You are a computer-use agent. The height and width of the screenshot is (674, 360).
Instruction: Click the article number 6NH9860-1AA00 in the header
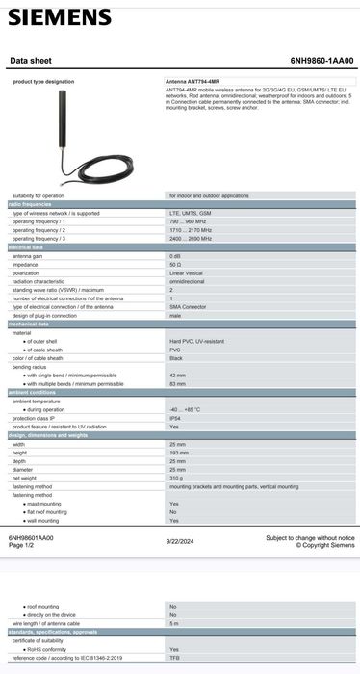[321, 61]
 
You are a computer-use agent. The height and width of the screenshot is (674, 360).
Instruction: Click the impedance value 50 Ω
[176, 264]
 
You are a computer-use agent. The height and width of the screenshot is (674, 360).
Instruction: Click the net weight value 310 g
[178, 478]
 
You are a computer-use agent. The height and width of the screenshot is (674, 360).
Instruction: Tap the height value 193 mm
[179, 452]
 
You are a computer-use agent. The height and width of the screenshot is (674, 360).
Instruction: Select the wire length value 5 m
[174, 623]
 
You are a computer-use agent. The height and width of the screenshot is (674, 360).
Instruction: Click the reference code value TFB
[174, 657]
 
